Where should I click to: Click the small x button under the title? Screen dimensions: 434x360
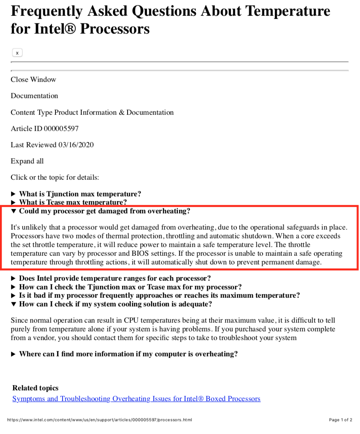coord(17,53)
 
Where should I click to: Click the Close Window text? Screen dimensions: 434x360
coord(33,80)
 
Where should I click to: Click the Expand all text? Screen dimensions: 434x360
coord(27,161)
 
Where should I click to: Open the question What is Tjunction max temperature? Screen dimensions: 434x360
coord(80,194)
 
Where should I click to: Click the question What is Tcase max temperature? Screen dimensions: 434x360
coord(73,203)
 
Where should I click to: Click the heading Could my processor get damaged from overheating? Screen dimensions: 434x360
coord(105,211)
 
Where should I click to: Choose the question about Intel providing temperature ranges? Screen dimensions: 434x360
coord(115,278)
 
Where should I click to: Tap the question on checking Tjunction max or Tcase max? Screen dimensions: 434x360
coord(130,287)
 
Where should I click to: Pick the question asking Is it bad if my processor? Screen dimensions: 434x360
coord(159,295)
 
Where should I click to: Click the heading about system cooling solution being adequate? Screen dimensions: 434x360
coord(115,304)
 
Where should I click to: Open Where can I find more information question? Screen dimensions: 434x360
coord(128,354)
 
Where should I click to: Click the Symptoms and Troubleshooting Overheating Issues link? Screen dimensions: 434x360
coord(136,399)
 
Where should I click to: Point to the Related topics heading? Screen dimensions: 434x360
coord(35,388)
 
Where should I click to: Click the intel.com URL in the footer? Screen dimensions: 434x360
coord(100,420)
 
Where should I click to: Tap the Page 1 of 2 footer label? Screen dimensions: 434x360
coord(340,420)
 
